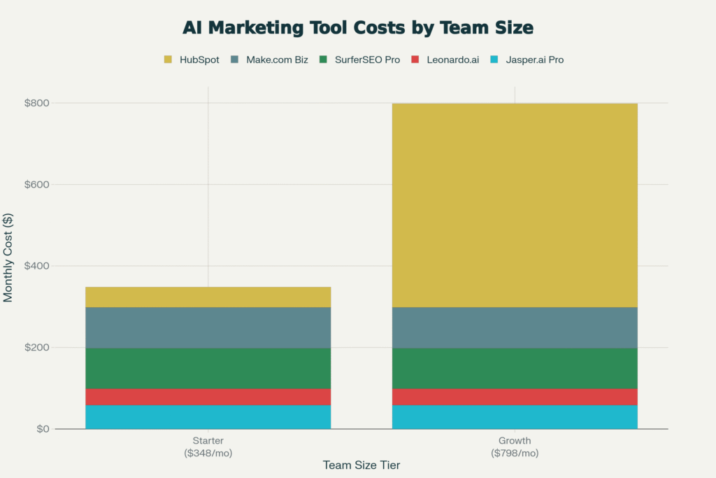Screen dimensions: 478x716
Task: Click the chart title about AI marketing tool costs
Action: pyautogui.click(x=357, y=27)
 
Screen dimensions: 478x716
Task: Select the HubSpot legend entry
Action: pyautogui.click(x=192, y=59)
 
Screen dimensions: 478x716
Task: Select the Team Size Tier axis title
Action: pyautogui.click(x=361, y=465)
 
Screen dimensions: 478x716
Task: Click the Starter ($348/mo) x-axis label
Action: pyautogui.click(x=208, y=447)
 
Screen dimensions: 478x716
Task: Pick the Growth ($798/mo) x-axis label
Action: pyautogui.click(x=515, y=447)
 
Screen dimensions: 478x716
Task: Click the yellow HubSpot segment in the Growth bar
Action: pyautogui.click(x=515, y=205)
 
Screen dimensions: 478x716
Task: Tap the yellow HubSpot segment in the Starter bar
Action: pyautogui.click(x=208, y=297)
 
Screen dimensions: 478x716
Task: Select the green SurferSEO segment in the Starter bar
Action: pyautogui.click(x=208, y=368)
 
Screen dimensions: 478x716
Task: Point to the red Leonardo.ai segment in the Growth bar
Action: pyautogui.click(x=515, y=397)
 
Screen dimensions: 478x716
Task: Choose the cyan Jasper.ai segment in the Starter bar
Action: pyautogui.click(x=208, y=417)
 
